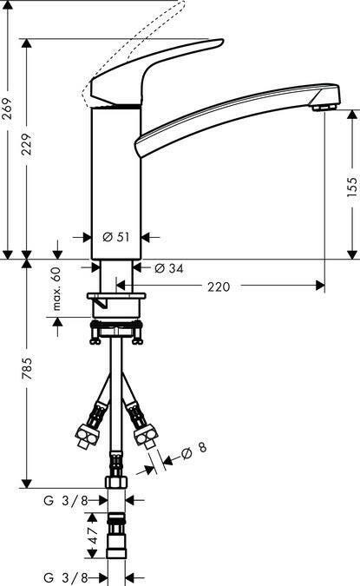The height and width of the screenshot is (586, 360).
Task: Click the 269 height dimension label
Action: (7, 109)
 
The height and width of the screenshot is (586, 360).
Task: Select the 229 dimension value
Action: (27, 144)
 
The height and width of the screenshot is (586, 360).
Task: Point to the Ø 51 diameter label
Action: (116, 237)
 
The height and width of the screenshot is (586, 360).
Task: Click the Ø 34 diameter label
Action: (169, 268)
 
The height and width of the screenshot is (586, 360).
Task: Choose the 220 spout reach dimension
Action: (219, 286)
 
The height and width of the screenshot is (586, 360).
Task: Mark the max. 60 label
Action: (56, 289)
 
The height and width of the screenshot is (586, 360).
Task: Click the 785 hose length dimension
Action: (27, 368)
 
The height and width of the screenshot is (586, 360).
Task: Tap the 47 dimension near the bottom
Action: (93, 535)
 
